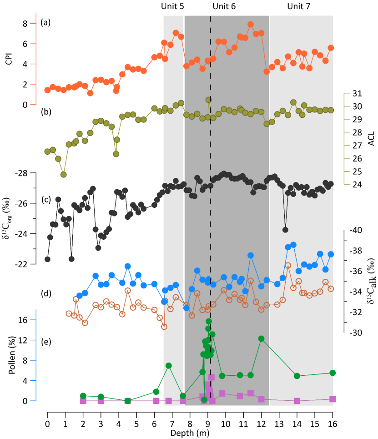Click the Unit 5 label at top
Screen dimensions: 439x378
coord(173,6)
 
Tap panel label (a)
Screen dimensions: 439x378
coord(45,22)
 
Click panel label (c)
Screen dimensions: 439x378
coord(45,187)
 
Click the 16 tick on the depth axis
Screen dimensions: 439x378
coord(332,423)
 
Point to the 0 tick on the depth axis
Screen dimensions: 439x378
coord(47,423)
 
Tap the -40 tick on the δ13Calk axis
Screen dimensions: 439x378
coord(356,230)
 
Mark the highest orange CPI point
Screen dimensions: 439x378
coord(251,25)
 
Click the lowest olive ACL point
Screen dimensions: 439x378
coord(64,174)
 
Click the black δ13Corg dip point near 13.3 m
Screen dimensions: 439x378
coord(285,230)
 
